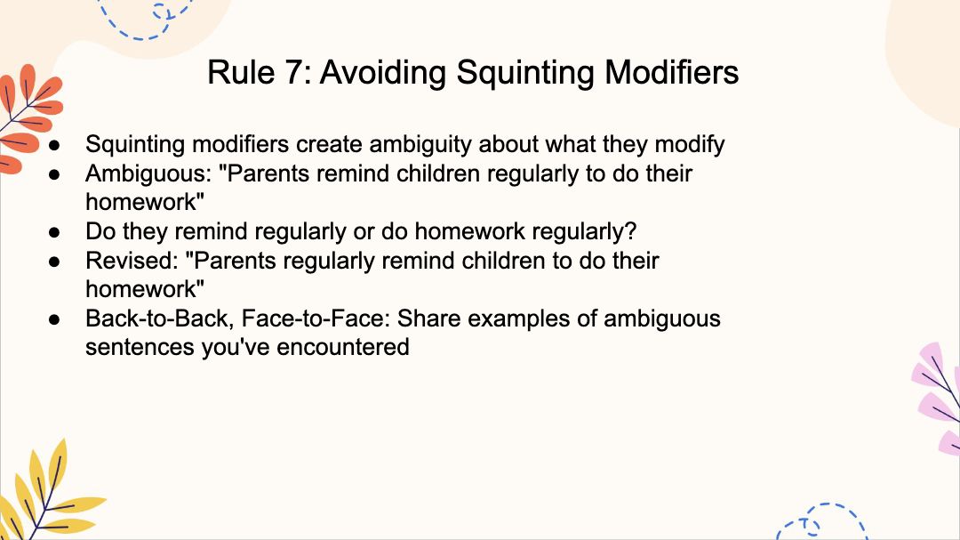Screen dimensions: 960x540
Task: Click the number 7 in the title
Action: coord(293,72)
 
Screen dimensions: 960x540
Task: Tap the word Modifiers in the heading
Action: coord(672,72)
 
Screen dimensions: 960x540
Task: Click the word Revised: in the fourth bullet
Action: coord(132,262)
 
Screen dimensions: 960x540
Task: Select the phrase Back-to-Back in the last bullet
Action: coord(159,318)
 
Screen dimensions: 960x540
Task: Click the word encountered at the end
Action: coord(343,347)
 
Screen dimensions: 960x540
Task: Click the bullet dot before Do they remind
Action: coord(55,232)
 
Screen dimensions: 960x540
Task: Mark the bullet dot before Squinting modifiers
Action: coord(55,145)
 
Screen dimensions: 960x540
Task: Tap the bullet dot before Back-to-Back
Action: coord(55,319)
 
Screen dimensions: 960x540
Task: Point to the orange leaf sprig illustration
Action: coord(28,117)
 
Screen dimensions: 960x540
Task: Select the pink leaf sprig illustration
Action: coord(938,399)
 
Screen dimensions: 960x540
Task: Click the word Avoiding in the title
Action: coord(382,72)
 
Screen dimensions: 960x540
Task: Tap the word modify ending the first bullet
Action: coord(690,145)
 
